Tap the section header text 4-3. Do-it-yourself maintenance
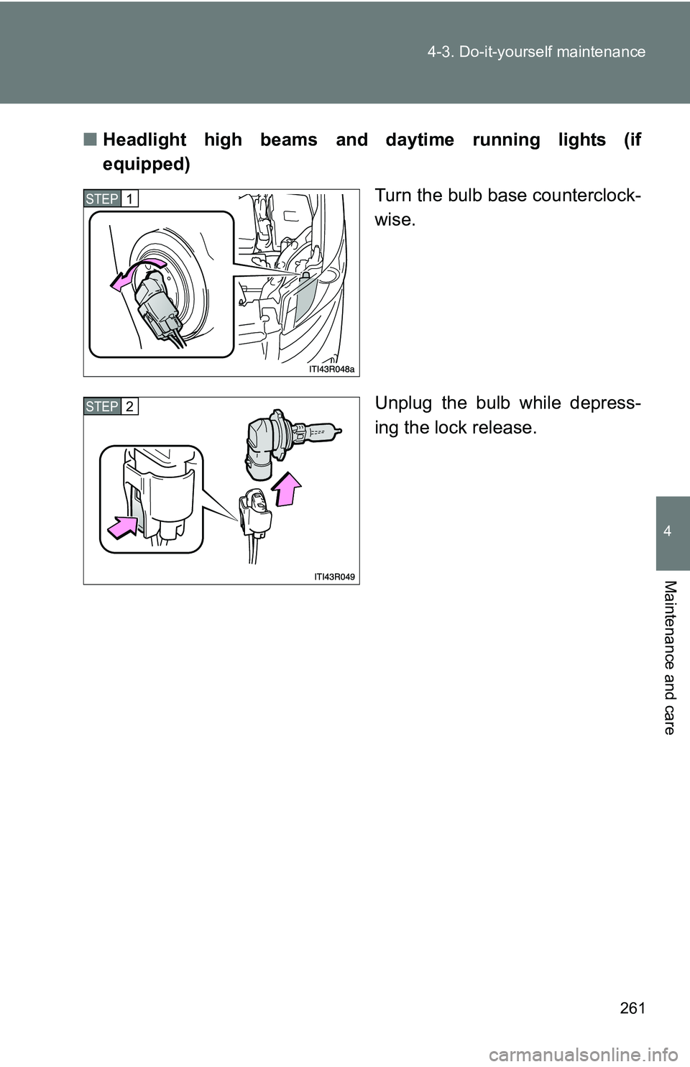click(x=536, y=52)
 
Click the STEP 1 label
click(x=111, y=198)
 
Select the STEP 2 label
click(x=111, y=406)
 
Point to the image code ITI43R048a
click(x=331, y=369)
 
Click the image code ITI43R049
click(x=334, y=577)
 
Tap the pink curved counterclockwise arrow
click(x=136, y=275)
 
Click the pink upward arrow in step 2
click(x=289, y=489)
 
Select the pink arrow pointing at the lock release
click(x=123, y=528)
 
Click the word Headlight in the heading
click(x=144, y=139)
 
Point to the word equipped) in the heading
click(x=146, y=165)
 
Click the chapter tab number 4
click(x=668, y=531)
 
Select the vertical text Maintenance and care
click(x=669, y=657)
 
